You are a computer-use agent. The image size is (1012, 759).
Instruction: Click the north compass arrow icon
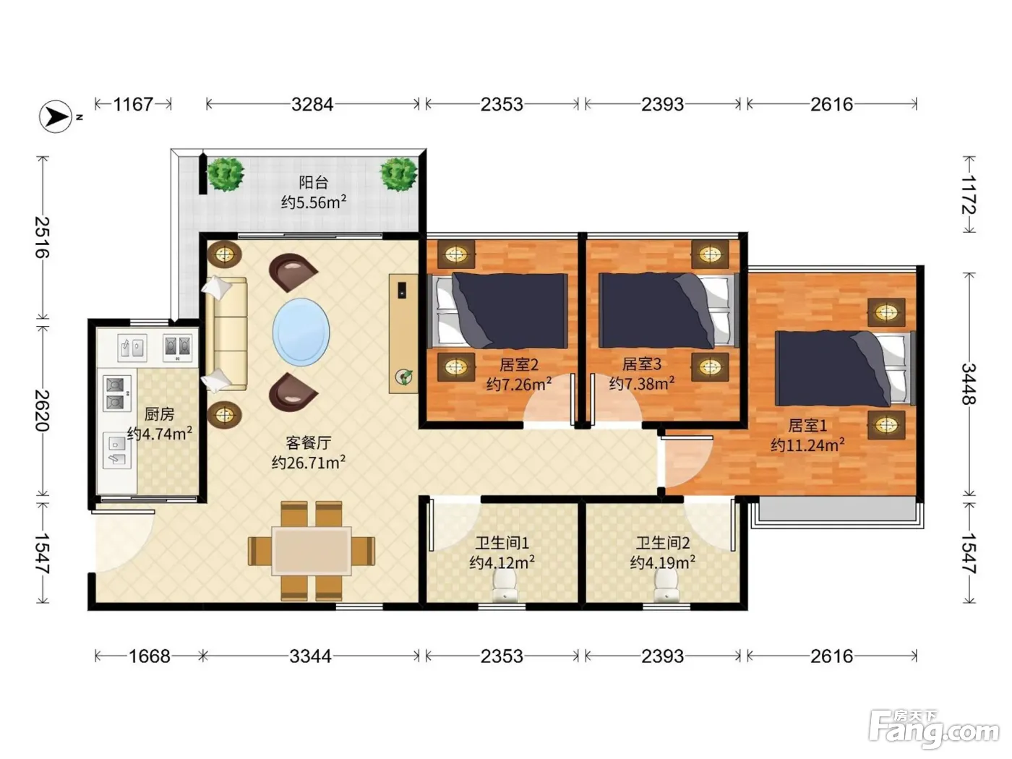(x=56, y=116)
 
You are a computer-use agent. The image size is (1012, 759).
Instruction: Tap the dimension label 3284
(x=312, y=104)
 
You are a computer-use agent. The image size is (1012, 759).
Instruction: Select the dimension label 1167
(x=133, y=104)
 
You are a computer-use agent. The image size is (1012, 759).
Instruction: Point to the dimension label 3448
(x=969, y=384)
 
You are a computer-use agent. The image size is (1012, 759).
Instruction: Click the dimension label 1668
(x=150, y=656)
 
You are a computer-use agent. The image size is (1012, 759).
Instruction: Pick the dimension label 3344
(x=310, y=656)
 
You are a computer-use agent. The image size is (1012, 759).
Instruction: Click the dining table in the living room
(x=312, y=551)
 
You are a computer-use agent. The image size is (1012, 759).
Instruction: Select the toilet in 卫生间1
(x=505, y=586)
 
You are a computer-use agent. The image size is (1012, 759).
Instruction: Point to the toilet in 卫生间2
(x=666, y=586)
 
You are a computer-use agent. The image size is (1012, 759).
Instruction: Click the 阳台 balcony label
(x=314, y=182)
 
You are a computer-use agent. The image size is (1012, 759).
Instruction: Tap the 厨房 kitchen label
(x=160, y=413)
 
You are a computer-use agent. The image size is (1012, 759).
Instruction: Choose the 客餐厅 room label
(x=309, y=443)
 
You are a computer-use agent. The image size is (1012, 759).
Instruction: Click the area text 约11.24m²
(x=807, y=445)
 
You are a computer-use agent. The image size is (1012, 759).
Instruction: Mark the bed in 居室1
(x=845, y=368)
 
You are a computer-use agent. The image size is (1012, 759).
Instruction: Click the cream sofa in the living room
(x=226, y=334)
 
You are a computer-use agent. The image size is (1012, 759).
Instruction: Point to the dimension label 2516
(x=43, y=237)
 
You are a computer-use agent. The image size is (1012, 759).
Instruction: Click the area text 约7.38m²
(x=642, y=383)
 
